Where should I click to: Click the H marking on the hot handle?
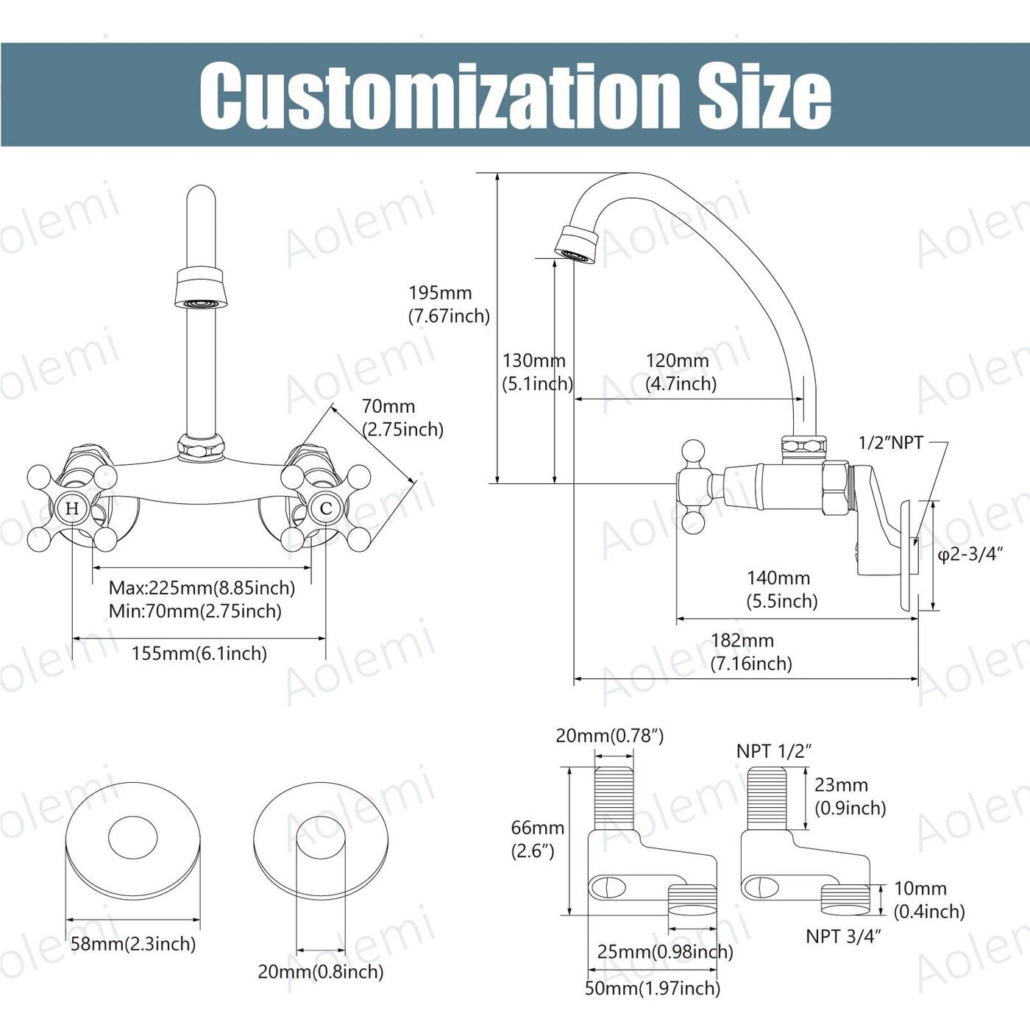(72, 508)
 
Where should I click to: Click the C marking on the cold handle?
(326, 508)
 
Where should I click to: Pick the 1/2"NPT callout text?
(890, 443)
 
